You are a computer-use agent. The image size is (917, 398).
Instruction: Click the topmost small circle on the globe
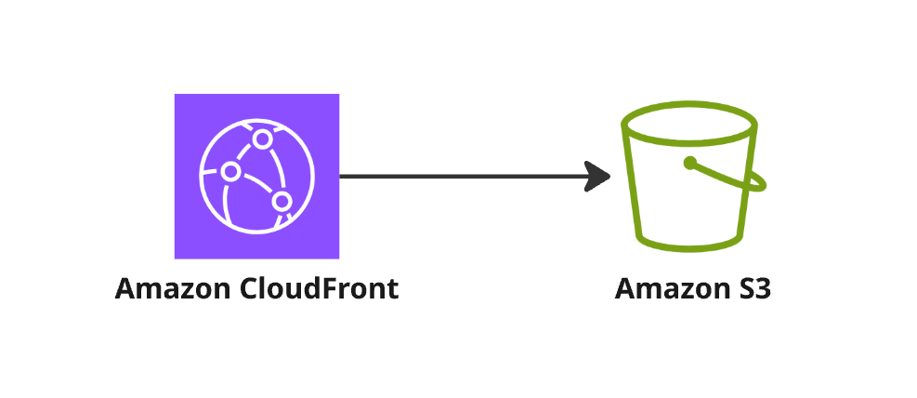(x=263, y=139)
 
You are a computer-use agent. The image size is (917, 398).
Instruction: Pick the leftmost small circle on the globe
(x=230, y=172)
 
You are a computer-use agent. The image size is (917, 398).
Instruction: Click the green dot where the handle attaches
(x=689, y=164)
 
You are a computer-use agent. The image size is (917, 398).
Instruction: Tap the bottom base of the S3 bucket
(x=692, y=247)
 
